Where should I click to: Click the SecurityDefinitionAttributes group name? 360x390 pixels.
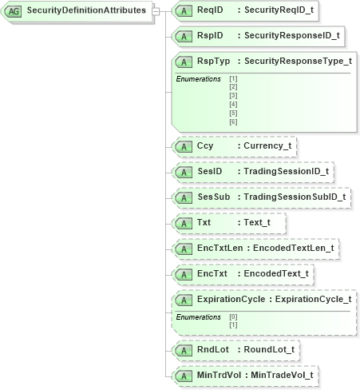(x=86, y=11)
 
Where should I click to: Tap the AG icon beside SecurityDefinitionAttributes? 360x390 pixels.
(x=14, y=11)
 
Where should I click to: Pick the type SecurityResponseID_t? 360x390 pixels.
(x=291, y=35)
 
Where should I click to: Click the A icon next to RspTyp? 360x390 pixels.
(x=184, y=61)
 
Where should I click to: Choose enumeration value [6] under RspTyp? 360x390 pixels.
(x=233, y=121)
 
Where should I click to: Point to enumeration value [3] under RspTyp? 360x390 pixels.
(x=233, y=95)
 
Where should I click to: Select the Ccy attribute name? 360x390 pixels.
(x=205, y=146)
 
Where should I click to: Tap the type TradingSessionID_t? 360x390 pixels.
(x=286, y=171)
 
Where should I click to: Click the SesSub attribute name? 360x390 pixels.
(x=213, y=197)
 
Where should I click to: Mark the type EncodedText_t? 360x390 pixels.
(x=275, y=273)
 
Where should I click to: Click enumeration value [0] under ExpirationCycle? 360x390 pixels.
(x=233, y=316)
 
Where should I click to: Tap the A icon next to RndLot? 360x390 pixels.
(x=184, y=349)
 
